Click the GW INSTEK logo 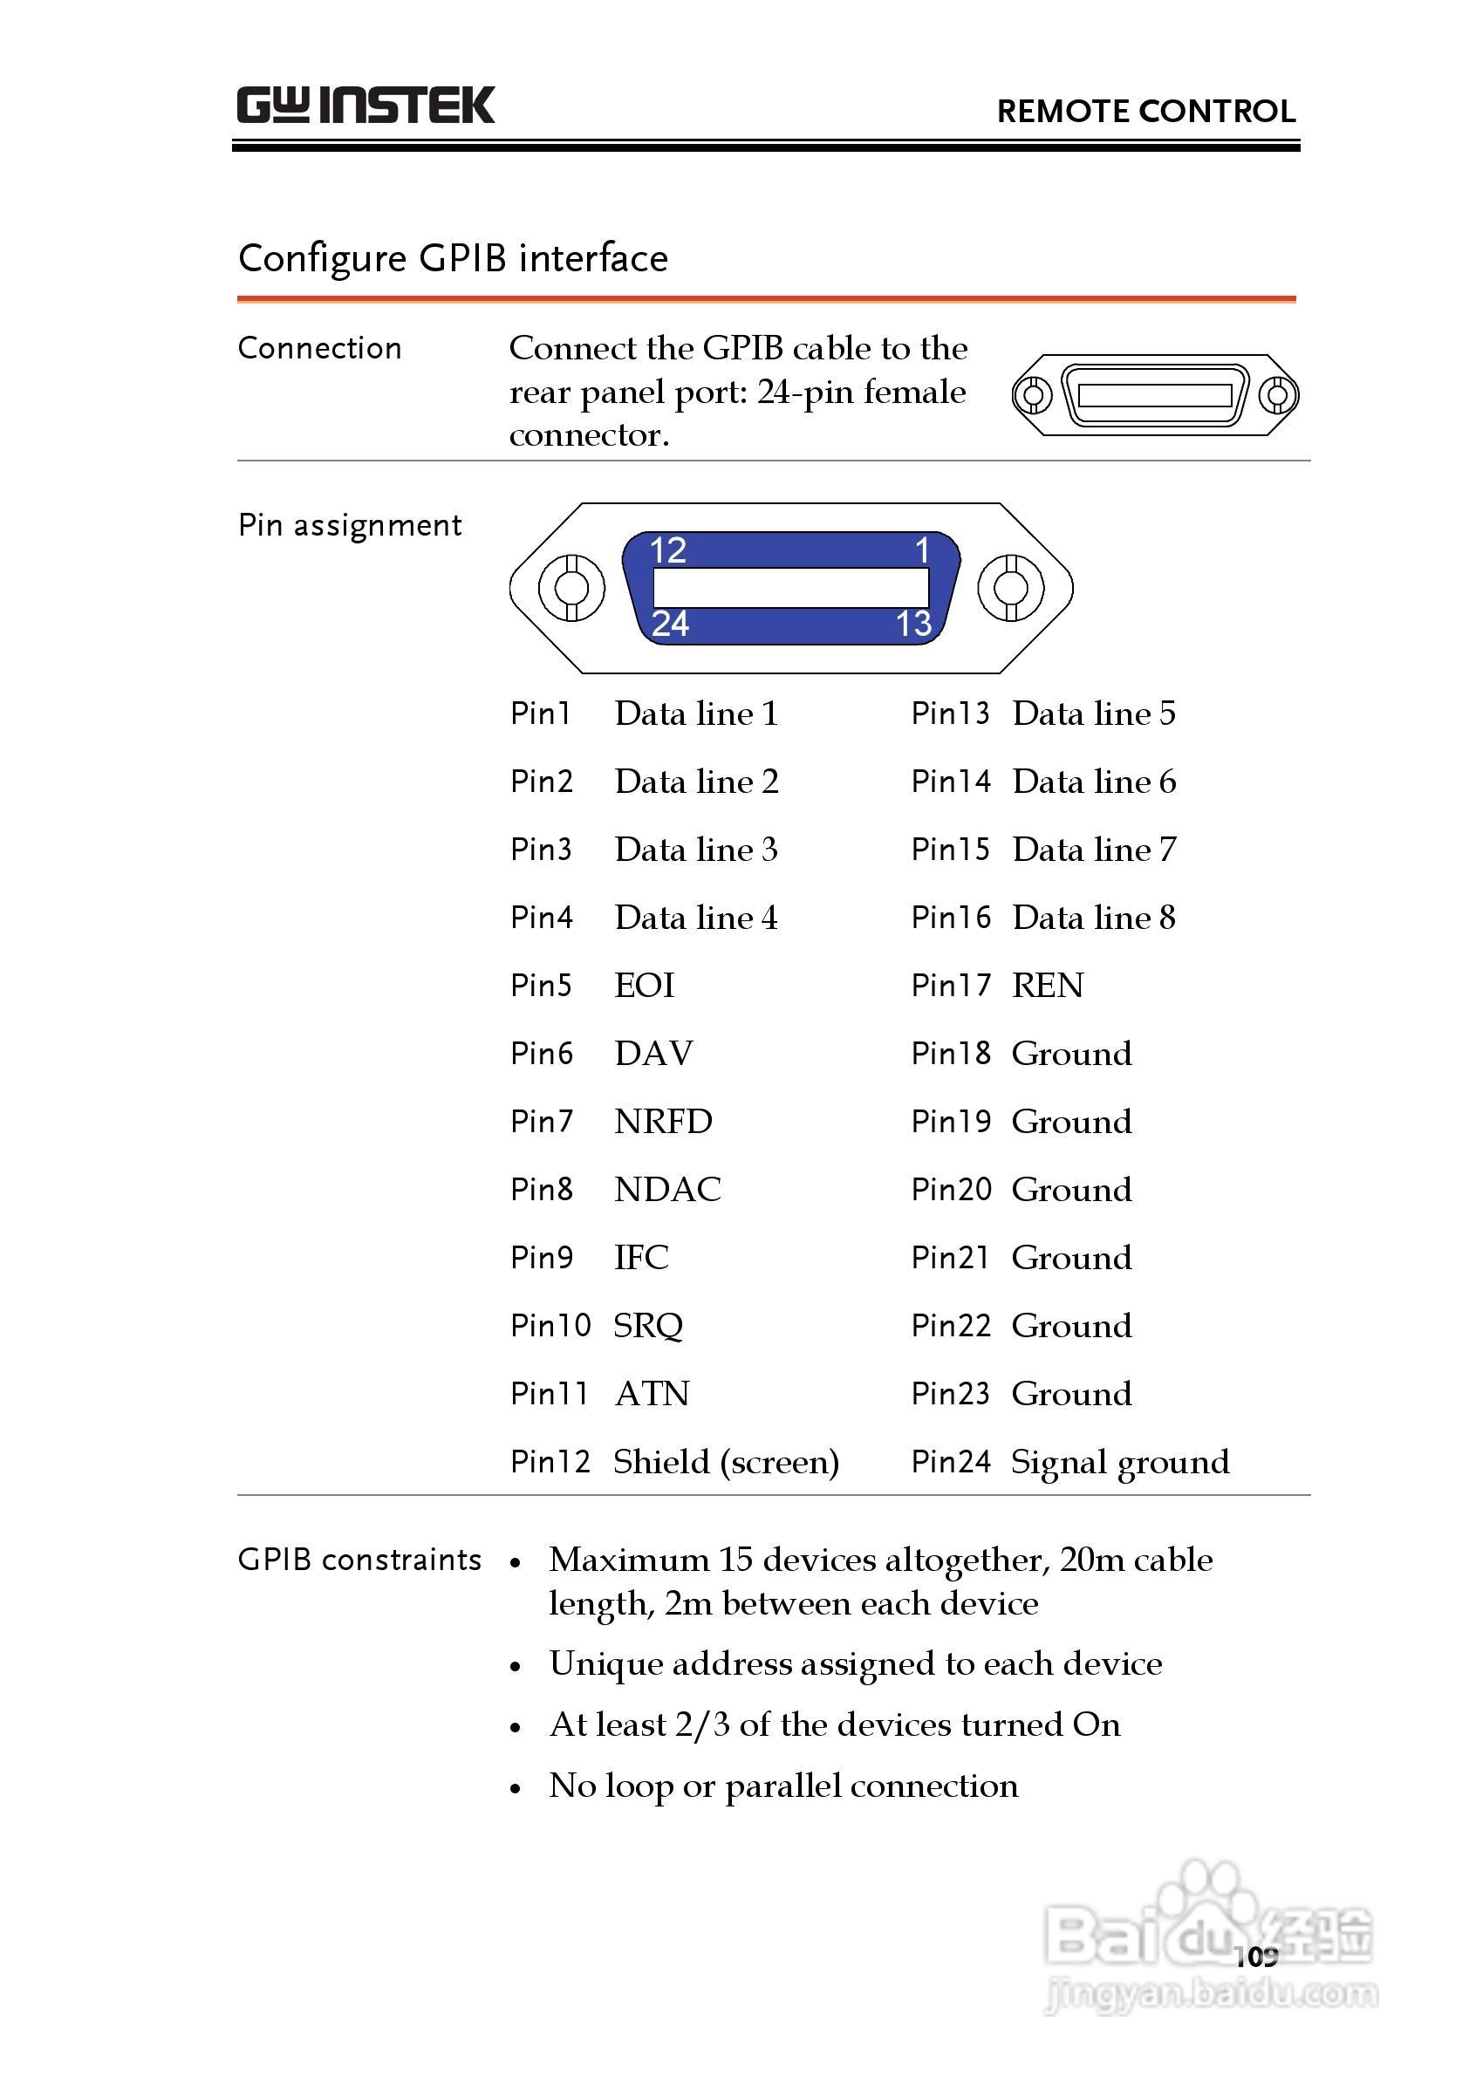(366, 105)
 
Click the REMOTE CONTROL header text (1145, 112)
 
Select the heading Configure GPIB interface (452, 259)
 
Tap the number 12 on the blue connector (667, 550)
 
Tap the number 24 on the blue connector (669, 624)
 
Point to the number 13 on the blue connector (912, 624)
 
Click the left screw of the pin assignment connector (571, 587)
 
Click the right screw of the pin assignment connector (1010, 587)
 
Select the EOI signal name (644, 985)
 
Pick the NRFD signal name (663, 1122)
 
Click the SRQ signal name (647, 1326)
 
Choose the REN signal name (1048, 985)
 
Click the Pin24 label (950, 1462)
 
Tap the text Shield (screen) (726, 1462)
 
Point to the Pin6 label (541, 1054)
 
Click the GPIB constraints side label (359, 1560)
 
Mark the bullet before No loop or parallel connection (515, 1788)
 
